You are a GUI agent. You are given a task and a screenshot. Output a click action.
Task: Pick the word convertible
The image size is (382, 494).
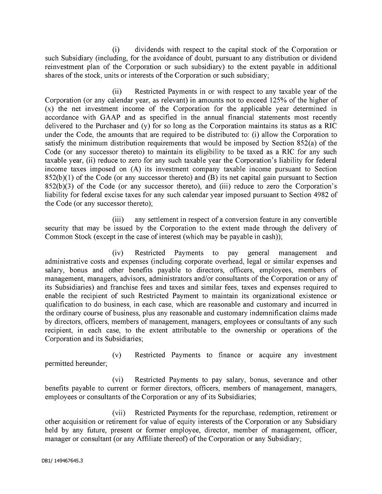(x=319, y=220)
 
